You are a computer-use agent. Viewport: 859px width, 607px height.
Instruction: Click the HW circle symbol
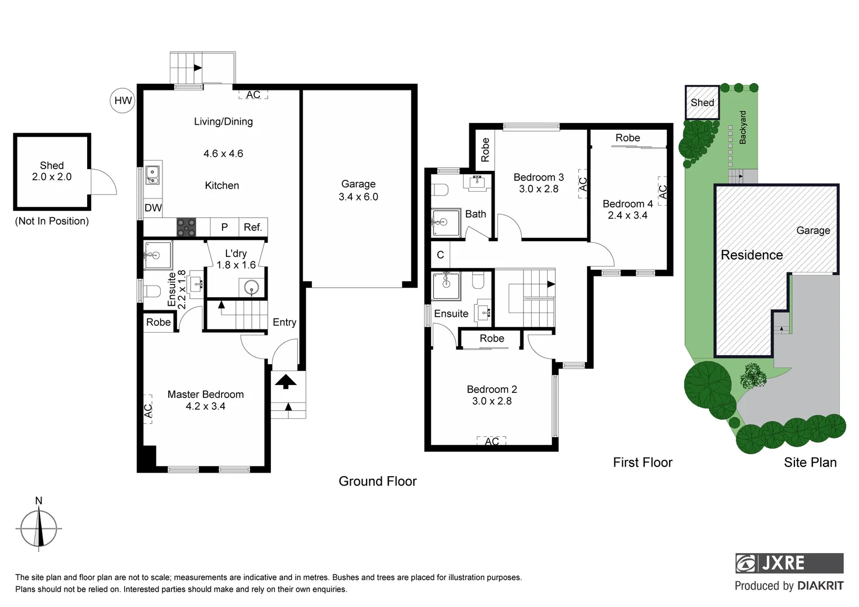[x=123, y=101]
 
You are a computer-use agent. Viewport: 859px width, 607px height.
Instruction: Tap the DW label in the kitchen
[x=153, y=208]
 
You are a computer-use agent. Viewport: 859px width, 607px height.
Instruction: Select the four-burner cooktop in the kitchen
[x=186, y=227]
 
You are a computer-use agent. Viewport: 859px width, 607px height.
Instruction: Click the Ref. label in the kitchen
[x=253, y=227]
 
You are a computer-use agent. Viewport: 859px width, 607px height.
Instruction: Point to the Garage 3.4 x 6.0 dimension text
[x=358, y=197]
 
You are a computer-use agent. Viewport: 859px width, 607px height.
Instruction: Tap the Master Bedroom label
[x=205, y=395]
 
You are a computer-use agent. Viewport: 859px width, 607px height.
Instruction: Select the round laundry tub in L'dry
[x=252, y=288]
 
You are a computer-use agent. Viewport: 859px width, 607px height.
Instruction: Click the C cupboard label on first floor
[x=440, y=255]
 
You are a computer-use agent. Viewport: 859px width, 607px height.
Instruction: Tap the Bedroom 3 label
[x=538, y=177]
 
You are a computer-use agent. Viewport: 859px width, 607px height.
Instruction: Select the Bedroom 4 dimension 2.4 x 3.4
[x=627, y=215]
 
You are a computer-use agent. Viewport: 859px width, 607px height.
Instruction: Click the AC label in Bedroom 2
[x=491, y=441]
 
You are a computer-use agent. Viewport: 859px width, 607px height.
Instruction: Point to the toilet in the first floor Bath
[x=440, y=189]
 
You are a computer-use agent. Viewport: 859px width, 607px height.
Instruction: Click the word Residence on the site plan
[x=752, y=255]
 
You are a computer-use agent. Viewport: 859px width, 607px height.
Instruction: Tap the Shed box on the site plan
[x=702, y=102]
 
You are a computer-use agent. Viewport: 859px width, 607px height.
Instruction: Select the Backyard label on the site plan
[x=743, y=128]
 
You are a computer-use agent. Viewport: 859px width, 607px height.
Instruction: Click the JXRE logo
[x=789, y=563]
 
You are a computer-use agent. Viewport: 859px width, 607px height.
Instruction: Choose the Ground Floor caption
[x=377, y=481]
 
